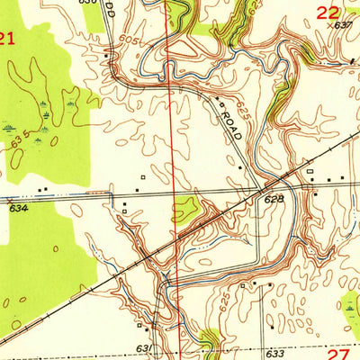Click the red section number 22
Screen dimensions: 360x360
(328, 12)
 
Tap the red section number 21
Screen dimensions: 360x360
(8, 38)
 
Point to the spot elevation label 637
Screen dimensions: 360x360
(343, 26)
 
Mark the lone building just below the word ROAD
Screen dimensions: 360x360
(240, 166)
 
